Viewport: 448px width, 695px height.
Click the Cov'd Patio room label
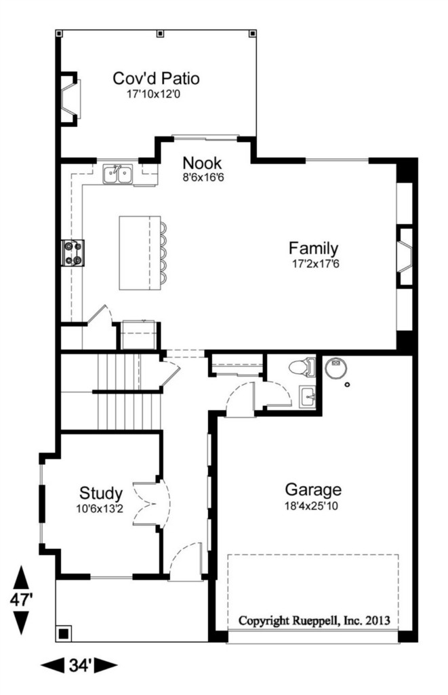tap(156, 78)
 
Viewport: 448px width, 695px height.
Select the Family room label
tap(313, 248)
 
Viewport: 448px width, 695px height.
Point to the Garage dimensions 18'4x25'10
tap(311, 505)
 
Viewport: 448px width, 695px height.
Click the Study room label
tap(101, 493)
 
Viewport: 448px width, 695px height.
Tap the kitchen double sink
tap(118, 174)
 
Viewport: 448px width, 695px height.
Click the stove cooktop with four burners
tap(73, 252)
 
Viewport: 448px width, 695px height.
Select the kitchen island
tap(140, 252)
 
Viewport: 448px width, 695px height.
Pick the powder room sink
tap(308, 396)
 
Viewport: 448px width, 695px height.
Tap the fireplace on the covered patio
tap(70, 98)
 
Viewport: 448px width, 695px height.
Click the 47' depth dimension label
tap(22, 600)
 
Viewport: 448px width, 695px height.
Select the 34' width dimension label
tap(80, 665)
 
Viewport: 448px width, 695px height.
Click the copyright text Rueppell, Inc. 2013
tap(341, 620)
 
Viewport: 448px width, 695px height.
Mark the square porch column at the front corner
tap(64, 633)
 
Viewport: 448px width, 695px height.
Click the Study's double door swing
tap(151, 504)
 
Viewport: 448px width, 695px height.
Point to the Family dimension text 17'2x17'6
tap(316, 264)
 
